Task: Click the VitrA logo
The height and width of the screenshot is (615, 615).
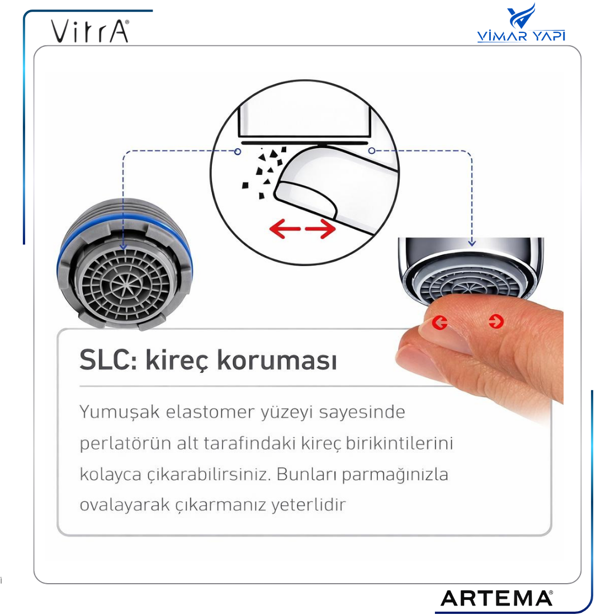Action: click(x=90, y=31)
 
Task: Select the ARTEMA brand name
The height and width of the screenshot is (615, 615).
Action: click(x=496, y=598)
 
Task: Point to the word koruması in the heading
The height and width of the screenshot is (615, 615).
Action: click(x=277, y=359)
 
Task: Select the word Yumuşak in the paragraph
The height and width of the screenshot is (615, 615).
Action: click(x=119, y=413)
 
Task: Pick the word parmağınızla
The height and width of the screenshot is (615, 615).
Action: click(x=395, y=475)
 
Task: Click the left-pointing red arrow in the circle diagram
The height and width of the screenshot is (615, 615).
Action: click(x=285, y=228)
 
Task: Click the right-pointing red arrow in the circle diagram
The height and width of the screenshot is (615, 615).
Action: click(x=320, y=228)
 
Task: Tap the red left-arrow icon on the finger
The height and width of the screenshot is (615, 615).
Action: click(x=440, y=323)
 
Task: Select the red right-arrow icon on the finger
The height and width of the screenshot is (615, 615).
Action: click(x=496, y=321)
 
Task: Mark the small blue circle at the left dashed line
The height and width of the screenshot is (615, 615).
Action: click(x=237, y=152)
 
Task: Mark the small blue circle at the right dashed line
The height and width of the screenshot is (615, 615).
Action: click(x=372, y=150)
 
